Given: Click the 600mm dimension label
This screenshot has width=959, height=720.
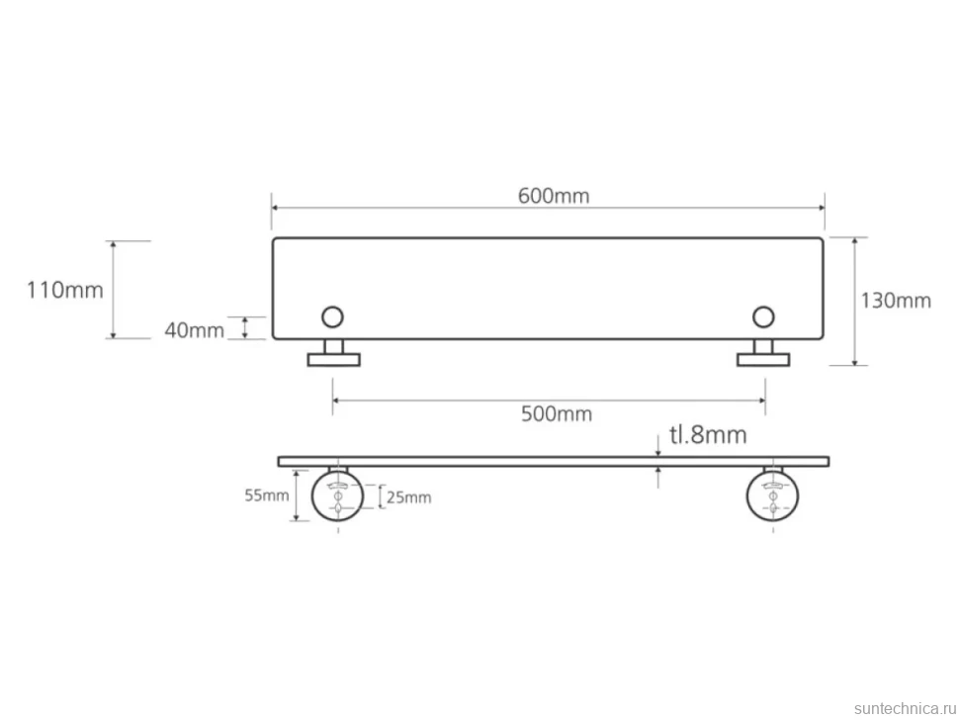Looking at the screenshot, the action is [x=554, y=196].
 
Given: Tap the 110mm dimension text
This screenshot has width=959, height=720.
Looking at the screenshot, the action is [x=65, y=290].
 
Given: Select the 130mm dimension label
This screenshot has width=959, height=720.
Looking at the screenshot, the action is [x=896, y=301].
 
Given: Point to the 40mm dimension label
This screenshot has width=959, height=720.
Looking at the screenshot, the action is [x=195, y=330].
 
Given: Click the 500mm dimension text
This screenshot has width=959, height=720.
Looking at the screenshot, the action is [x=557, y=414].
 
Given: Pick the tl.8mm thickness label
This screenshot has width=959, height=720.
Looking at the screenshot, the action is [x=708, y=435].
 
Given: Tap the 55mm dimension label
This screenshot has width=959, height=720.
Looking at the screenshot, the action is [x=267, y=495].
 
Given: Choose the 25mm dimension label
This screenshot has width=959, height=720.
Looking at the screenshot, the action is [x=408, y=497].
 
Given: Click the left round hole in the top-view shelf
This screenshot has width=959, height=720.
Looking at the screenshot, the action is [x=333, y=316].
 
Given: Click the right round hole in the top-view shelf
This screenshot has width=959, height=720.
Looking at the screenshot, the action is [x=763, y=316].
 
